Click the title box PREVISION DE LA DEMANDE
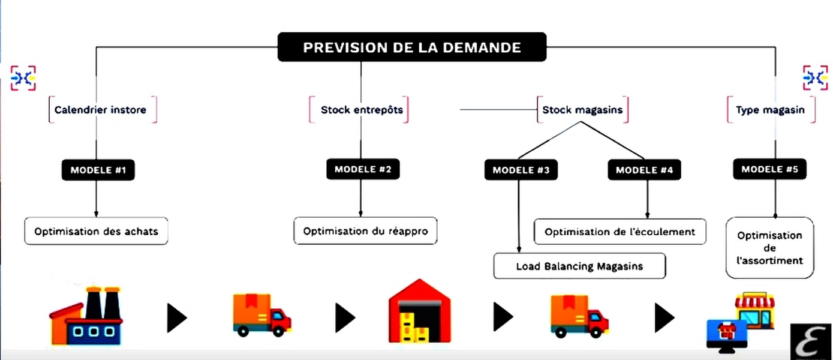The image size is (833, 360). (411, 47)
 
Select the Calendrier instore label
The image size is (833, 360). (100, 110)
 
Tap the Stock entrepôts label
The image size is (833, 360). (362, 110)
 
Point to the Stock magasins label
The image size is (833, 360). (582, 110)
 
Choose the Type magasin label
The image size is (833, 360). (770, 110)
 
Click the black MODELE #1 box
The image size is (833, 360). (98, 170)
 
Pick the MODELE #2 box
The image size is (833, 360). (362, 169)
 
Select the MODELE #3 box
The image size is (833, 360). (521, 170)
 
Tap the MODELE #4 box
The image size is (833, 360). (644, 170)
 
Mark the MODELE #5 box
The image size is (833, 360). (769, 169)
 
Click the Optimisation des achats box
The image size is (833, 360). (96, 231)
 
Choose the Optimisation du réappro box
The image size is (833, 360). (365, 231)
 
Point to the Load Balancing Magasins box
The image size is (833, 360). (579, 266)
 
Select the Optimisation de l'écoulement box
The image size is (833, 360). (620, 232)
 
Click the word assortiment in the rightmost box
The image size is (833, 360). (770, 261)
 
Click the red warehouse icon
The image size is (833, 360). (419, 311)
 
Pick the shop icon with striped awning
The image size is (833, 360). (754, 310)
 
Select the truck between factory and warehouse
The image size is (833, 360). (261, 316)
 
